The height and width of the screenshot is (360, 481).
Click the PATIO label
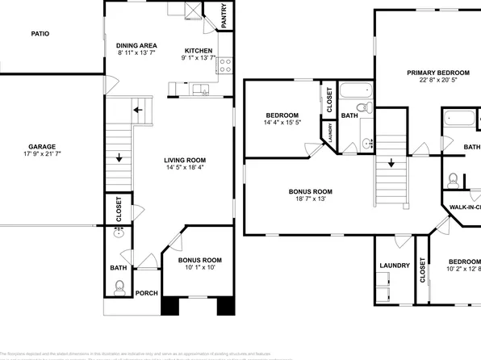tap(40, 34)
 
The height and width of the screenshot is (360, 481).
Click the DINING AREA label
tap(136, 45)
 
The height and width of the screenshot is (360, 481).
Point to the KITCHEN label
tap(197, 49)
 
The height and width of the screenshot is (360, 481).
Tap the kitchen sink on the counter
tap(200, 89)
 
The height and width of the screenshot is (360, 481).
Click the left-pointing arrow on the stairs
tap(138, 109)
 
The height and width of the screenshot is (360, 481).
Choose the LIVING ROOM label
tap(186, 161)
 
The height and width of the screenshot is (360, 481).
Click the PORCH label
tap(146, 293)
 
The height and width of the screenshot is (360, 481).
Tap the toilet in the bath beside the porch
tap(119, 285)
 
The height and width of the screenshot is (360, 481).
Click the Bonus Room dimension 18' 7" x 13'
tap(311, 199)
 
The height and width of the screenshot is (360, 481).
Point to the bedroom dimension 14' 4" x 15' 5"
tap(282, 122)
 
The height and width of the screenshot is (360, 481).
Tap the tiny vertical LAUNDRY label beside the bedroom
tap(330, 132)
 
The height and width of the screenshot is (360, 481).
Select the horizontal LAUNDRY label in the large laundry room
tap(394, 265)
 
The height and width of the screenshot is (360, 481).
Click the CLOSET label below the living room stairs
tap(119, 209)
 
